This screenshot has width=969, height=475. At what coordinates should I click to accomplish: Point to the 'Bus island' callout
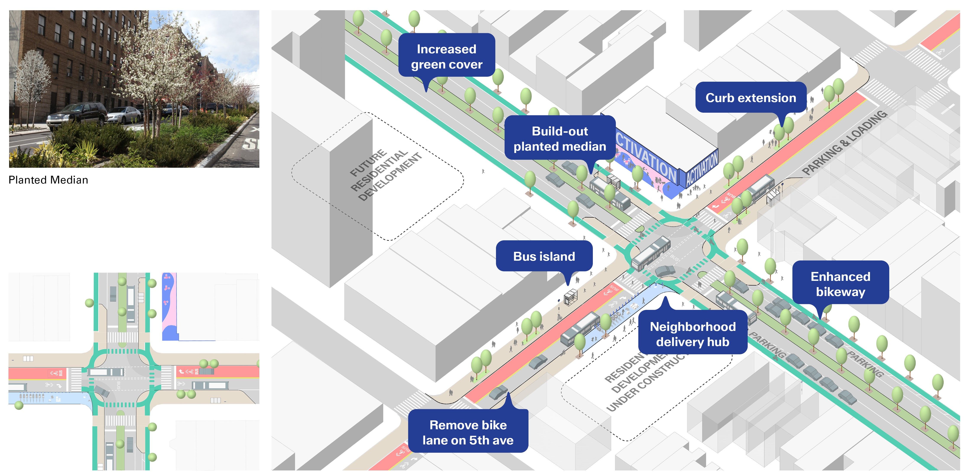(544, 256)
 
